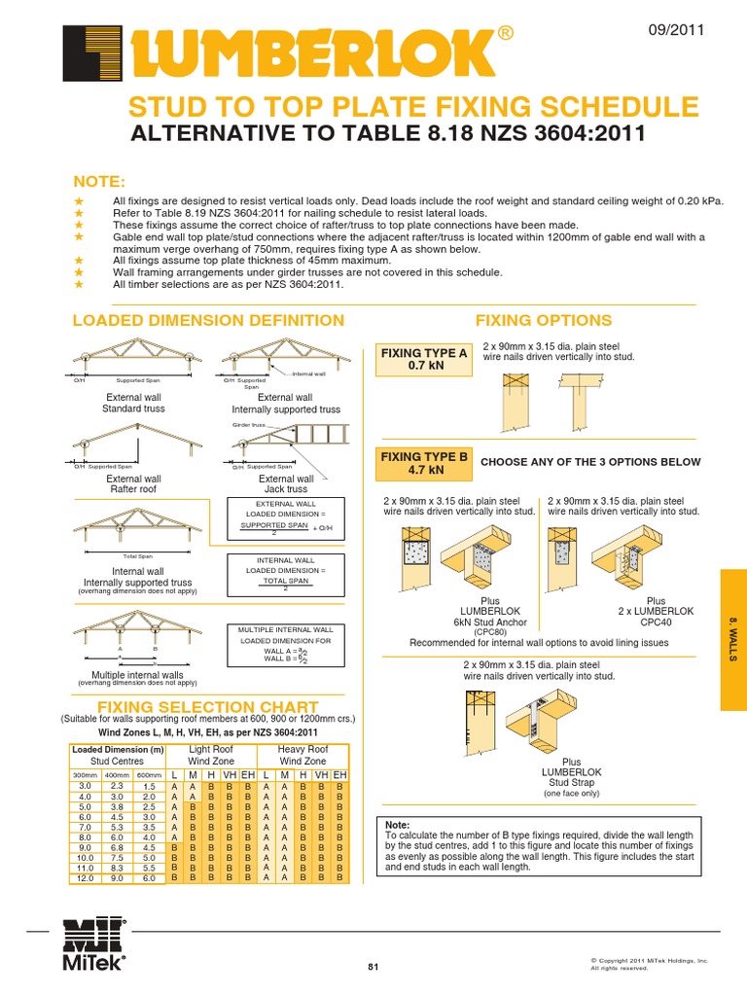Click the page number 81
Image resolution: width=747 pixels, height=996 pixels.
pyautogui.click(x=373, y=966)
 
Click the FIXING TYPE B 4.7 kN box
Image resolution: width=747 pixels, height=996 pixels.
pyautogui.click(x=423, y=463)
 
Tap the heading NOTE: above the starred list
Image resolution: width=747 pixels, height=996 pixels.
pyautogui.click(x=100, y=182)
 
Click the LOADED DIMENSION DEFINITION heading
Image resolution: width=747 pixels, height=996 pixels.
pyautogui.click(x=209, y=321)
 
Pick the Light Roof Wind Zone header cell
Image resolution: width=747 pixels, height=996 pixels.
pyautogui.click(x=211, y=756)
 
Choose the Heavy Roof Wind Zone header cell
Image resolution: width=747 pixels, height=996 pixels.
pyautogui.click(x=303, y=756)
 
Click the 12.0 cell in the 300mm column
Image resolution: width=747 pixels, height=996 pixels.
pyautogui.click(x=84, y=878)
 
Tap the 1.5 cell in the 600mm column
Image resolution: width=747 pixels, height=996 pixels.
pyautogui.click(x=148, y=786)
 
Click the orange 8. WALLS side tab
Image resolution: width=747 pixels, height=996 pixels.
pyautogui.click(x=732, y=640)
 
